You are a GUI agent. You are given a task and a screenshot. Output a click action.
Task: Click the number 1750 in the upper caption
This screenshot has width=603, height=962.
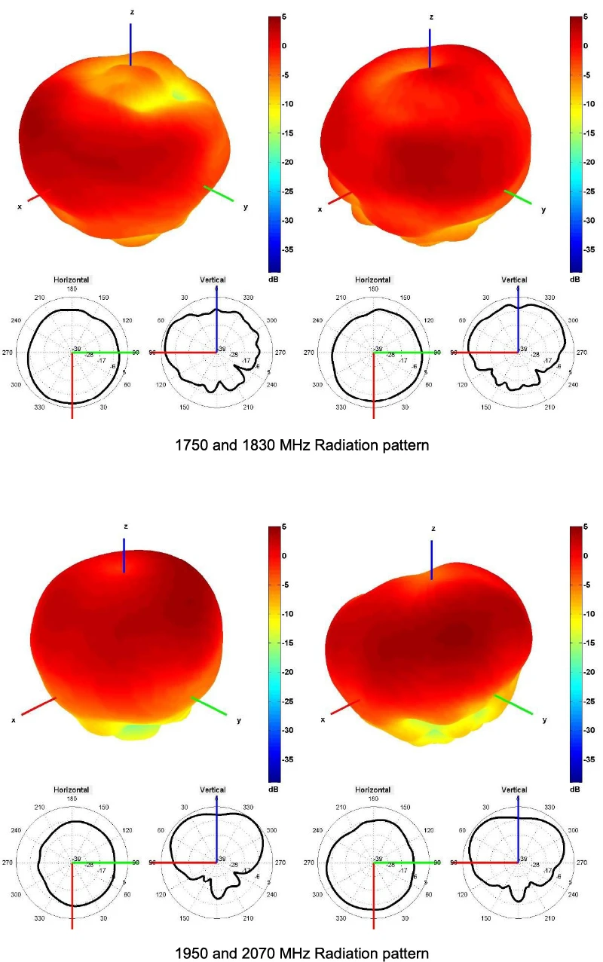coord(191,445)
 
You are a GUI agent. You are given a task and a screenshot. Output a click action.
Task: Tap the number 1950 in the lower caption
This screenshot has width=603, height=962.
coord(191,953)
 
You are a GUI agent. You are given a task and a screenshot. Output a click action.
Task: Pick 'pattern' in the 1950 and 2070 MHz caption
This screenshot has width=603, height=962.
coord(406,953)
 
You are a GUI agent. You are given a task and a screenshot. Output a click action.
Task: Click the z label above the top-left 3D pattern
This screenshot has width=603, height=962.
coord(133,13)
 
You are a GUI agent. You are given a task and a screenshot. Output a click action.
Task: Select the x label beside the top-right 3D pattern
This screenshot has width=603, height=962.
coord(320,209)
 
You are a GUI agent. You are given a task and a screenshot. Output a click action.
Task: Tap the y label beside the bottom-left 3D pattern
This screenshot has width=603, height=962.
coord(239,720)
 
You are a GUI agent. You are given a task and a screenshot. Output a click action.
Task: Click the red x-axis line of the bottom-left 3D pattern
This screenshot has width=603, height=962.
coord(38,706)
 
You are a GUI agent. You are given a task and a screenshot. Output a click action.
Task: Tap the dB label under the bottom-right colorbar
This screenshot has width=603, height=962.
coord(575,789)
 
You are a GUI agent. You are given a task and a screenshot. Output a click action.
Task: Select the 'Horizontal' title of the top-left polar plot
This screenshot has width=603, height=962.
coord(72,279)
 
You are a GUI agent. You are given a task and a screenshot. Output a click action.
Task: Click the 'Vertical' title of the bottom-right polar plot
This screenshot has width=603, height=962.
coord(515,789)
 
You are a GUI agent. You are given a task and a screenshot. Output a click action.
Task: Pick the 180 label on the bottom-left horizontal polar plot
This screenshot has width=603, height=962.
coord(72,799)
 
